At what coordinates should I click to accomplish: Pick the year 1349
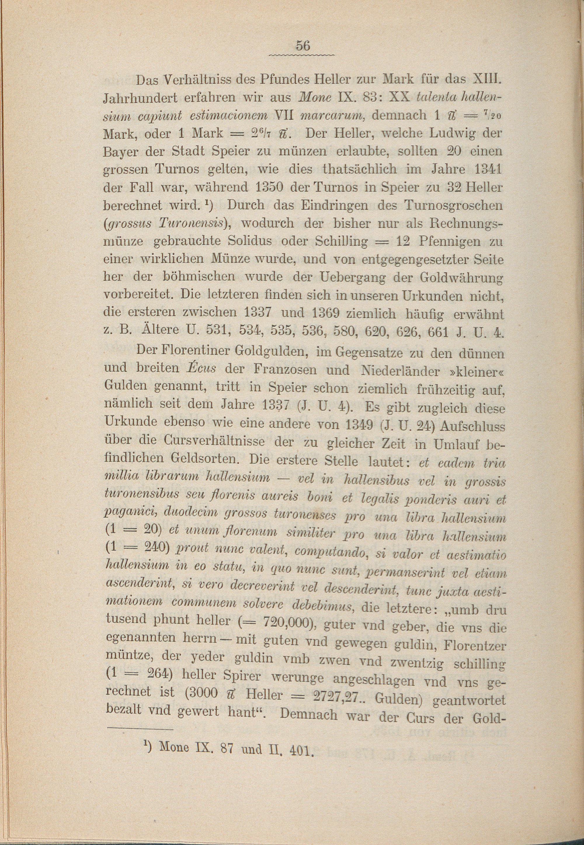[x=359, y=424]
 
